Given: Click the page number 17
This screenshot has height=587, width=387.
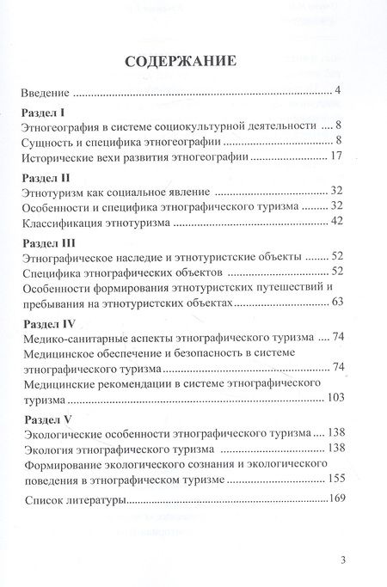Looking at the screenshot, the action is pyautogui.click(x=336, y=158).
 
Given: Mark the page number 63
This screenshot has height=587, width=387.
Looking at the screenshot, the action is pyautogui.click(x=336, y=306).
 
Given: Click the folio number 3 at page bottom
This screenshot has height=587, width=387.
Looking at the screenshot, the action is pyautogui.click(x=342, y=560).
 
